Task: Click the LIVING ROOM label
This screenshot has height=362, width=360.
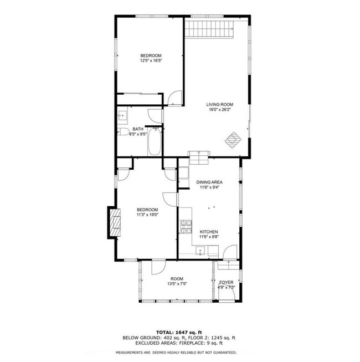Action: click(219, 104)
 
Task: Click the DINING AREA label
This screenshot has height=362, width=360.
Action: click(209, 182)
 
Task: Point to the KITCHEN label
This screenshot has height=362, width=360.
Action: click(209, 232)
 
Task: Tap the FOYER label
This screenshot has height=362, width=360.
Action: click(227, 282)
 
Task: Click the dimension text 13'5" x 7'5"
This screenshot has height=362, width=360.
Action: click(177, 284)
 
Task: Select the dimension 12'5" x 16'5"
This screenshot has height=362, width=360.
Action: click(151, 61)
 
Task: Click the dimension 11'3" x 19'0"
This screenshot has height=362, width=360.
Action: click(147, 215)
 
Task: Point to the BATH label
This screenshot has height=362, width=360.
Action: click(137, 129)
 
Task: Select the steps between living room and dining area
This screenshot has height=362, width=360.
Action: click(198, 156)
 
